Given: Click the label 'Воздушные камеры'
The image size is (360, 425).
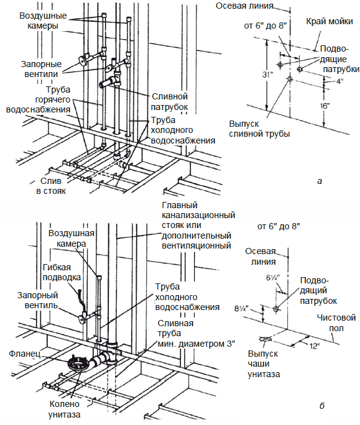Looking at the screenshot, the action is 43,21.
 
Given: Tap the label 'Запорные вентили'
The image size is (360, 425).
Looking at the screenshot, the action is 42,69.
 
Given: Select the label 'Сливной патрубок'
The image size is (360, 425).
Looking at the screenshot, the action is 169,102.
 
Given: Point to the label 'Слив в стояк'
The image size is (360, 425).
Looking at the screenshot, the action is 51,186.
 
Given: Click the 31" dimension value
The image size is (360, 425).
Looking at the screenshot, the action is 267,75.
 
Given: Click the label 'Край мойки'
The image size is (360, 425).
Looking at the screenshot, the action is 330,21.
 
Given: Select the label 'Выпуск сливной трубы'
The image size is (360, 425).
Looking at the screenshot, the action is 259,129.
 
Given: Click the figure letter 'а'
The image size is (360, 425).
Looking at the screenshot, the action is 320,181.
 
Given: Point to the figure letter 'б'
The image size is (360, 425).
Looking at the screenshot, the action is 321,406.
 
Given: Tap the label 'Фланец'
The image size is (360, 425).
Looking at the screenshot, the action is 24,354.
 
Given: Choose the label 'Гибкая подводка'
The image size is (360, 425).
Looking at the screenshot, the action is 62,272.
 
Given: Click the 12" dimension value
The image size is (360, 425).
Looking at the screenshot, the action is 313,346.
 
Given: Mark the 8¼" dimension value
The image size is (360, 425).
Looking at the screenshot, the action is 241,308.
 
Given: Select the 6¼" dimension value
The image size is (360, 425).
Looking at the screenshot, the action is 273,278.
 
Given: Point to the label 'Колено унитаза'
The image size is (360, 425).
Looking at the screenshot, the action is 65,409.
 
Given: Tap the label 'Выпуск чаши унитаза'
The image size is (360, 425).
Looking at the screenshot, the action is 264,364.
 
